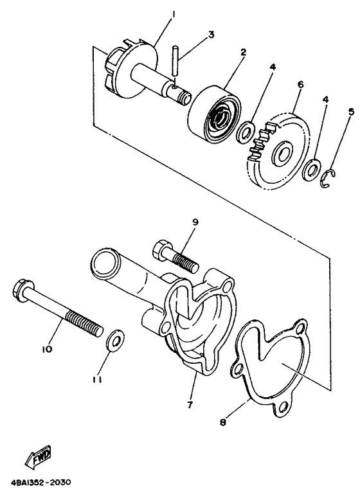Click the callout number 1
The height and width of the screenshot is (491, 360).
pyautogui.click(x=174, y=14)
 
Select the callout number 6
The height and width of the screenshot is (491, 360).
pyautogui.click(x=300, y=84)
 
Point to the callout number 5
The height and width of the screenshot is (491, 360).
pyautogui.click(x=351, y=111)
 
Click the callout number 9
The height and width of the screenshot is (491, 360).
pyautogui.click(x=195, y=222)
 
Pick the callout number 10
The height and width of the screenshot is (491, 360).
pyautogui.click(x=47, y=349)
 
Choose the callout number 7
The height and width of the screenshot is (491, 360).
pyautogui.click(x=190, y=405)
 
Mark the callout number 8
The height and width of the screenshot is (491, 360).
pyautogui.click(x=223, y=422)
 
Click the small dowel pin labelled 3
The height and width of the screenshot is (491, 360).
pyautogui.click(x=175, y=60)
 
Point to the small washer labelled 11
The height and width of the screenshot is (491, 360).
pyautogui.click(x=115, y=340)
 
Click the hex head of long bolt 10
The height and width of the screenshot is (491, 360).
pyautogui.click(x=22, y=289)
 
